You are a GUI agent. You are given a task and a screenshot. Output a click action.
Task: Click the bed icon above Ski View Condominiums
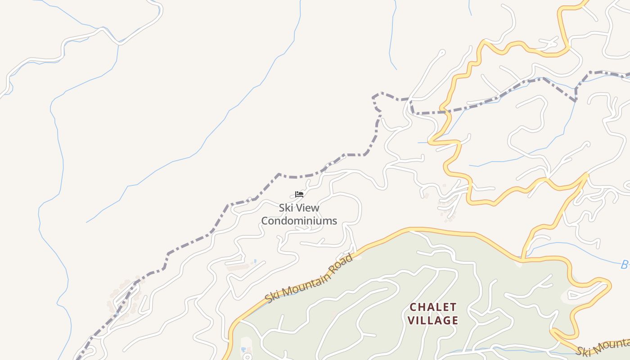pyautogui.click(x=299, y=194)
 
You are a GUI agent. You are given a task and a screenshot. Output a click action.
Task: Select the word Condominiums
pyautogui.click(x=299, y=220)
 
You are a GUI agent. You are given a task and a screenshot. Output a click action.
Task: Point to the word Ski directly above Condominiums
pyautogui.click(x=286, y=208)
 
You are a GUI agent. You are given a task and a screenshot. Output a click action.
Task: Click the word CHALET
pyautogui.click(x=433, y=307)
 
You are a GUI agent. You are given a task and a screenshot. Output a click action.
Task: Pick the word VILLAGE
pyautogui.click(x=434, y=321)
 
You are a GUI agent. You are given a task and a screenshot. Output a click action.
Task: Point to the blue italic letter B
pyautogui.click(x=625, y=265)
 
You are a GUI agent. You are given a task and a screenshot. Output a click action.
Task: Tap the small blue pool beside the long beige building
pyautogui.click(x=255, y=261)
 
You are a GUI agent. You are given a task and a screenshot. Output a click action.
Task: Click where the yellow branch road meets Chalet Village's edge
pyautogui.click(x=522, y=260)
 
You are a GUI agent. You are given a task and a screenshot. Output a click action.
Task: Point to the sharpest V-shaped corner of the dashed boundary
pyautogui.click(x=575, y=100)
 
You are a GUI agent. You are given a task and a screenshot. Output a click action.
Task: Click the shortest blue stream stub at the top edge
pyautogui.click(x=470, y=8)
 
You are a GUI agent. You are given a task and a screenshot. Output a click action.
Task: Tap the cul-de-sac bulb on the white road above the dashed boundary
pyautogui.click(x=441, y=53)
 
